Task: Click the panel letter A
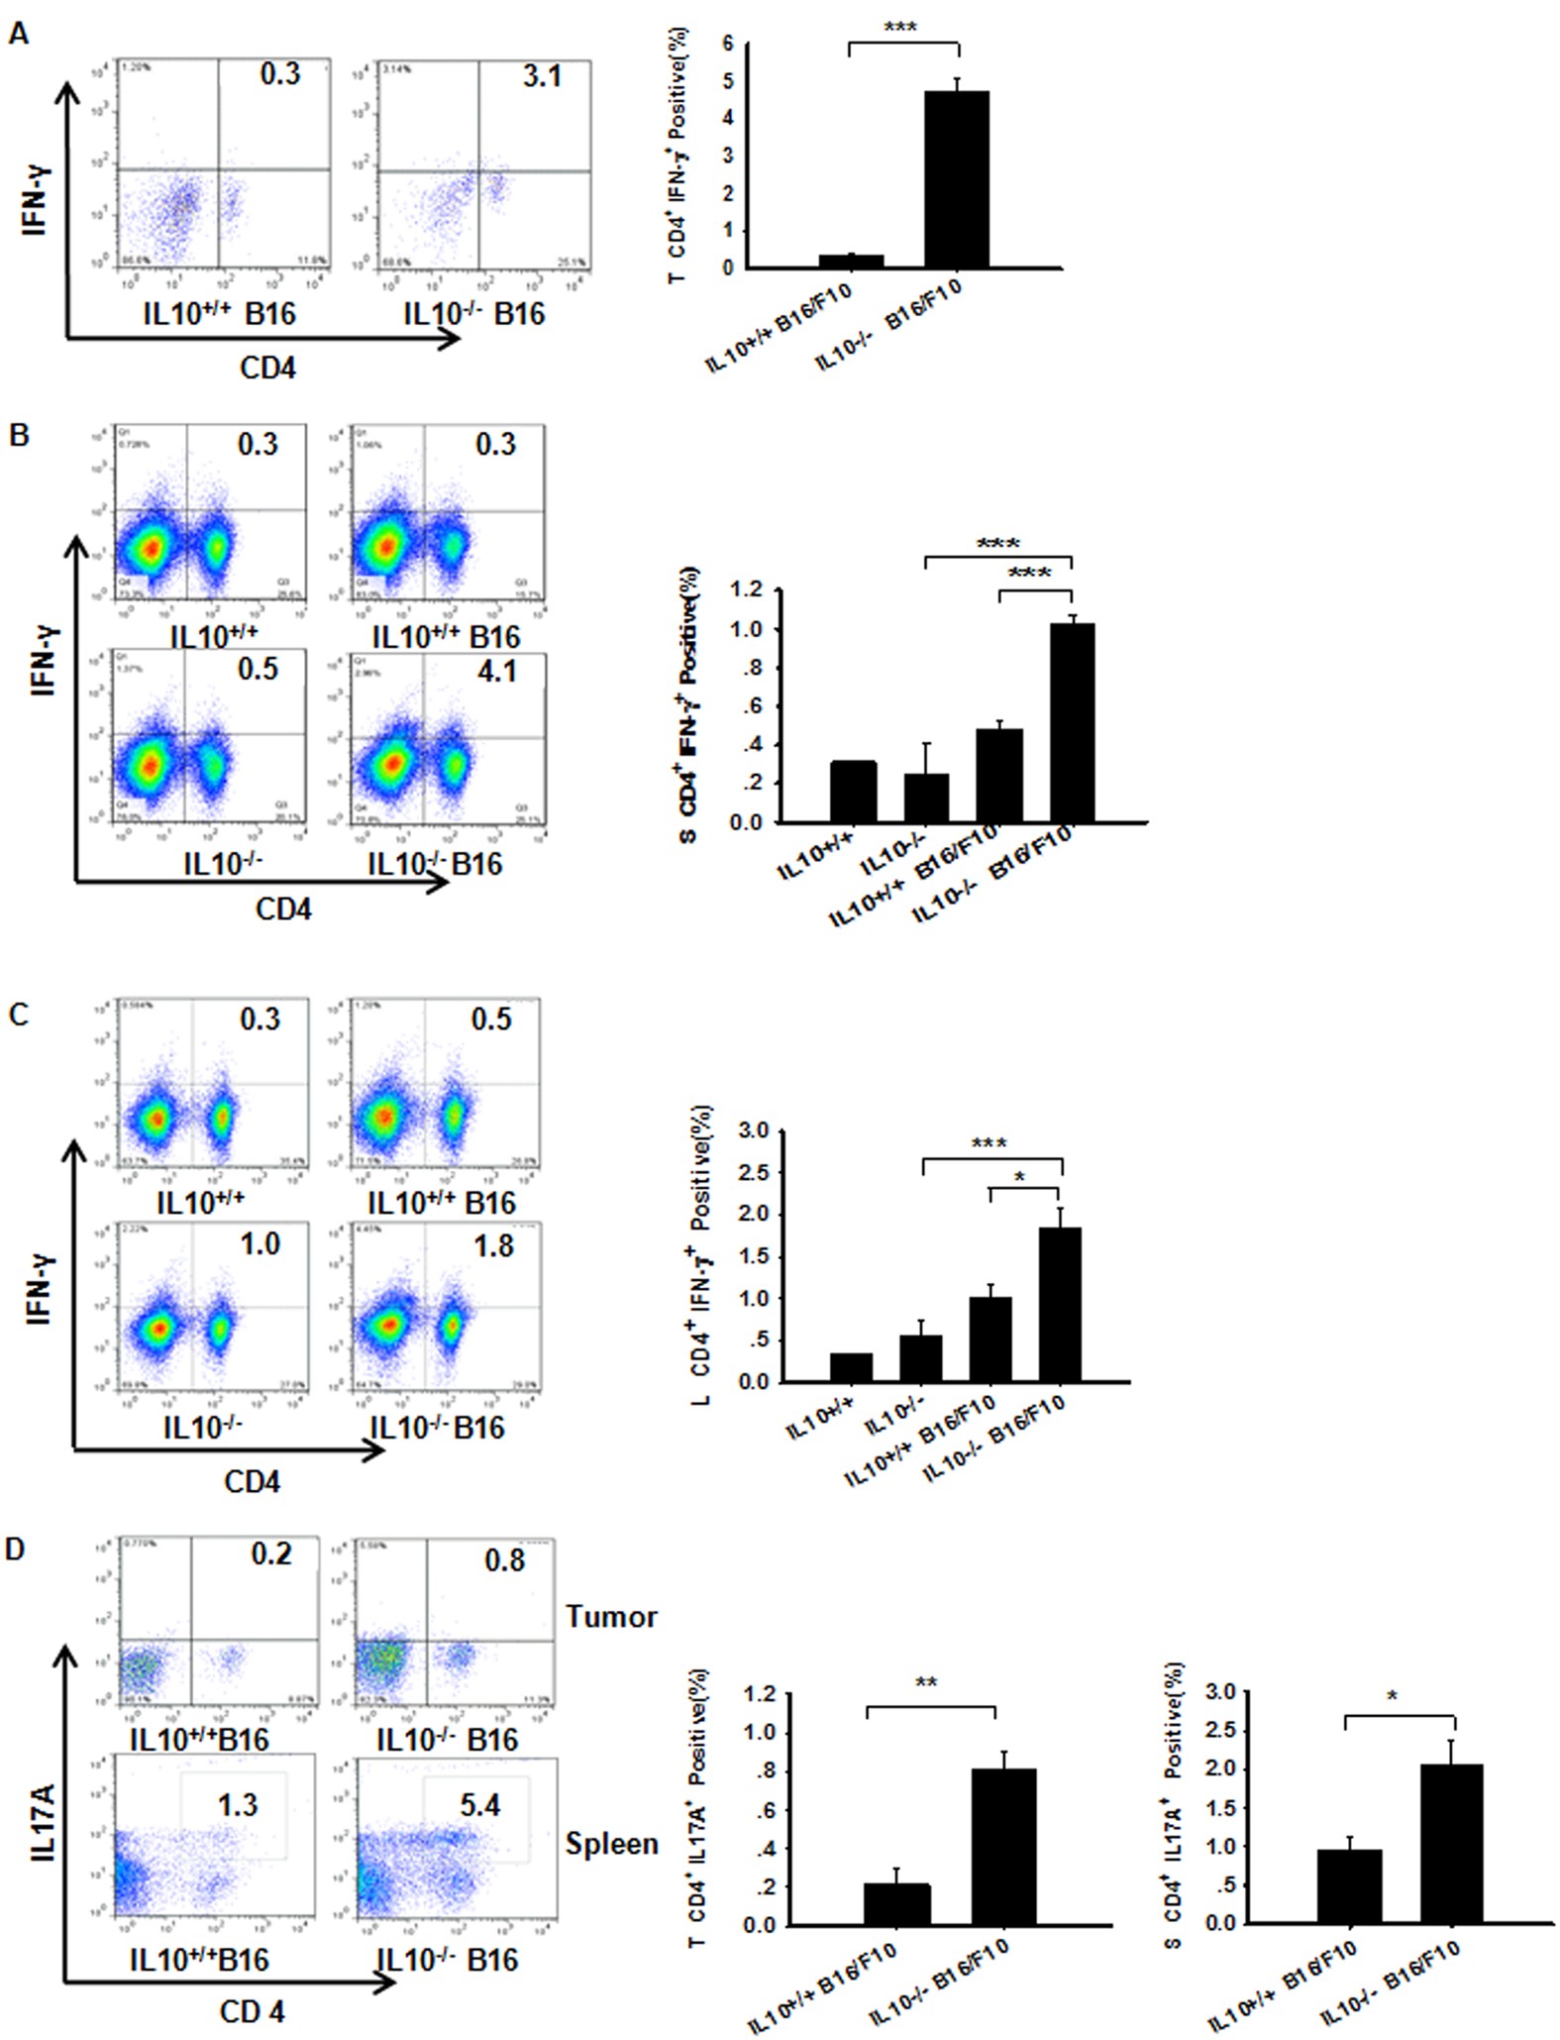[17, 34]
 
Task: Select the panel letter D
[15, 1549]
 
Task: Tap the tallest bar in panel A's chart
[956, 179]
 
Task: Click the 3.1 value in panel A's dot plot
[542, 75]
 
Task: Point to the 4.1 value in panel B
[496, 671]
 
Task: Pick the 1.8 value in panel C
[493, 1244]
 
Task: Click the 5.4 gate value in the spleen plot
[479, 1805]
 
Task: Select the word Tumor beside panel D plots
[611, 1617]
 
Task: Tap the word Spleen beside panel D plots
[611, 1844]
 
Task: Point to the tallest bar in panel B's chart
[1072, 722]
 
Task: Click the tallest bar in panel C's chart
[1060, 1304]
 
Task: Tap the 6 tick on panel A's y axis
[728, 44]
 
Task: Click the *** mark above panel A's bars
[899, 27]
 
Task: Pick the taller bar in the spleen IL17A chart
[1451, 1843]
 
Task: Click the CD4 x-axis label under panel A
[267, 369]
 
